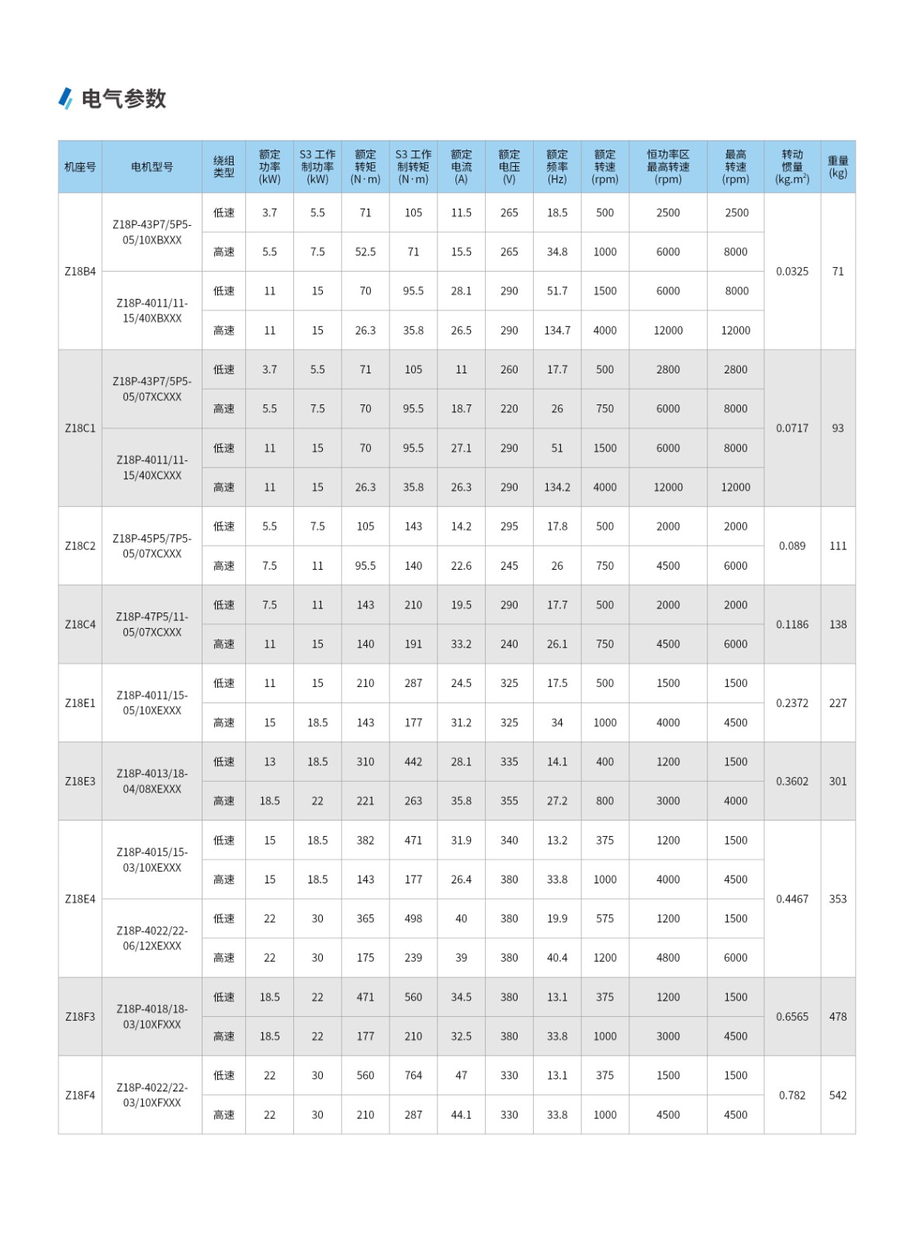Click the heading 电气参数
point(123,99)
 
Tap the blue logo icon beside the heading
point(66,98)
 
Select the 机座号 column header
point(80,167)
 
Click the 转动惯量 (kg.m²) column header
point(791,167)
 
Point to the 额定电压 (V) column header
point(509,167)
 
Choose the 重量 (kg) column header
point(837,167)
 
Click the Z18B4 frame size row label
point(80,272)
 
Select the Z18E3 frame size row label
point(80,782)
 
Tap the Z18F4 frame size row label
point(80,1095)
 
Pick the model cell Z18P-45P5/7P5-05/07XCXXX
point(152,546)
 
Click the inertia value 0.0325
point(791,272)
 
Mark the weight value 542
point(837,1095)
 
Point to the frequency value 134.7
point(557,331)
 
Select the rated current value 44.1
point(461,1115)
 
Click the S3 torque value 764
point(413,1075)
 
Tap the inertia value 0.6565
point(791,1017)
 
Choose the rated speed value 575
point(604,918)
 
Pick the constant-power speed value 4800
point(667,958)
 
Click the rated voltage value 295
point(509,526)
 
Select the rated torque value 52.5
point(365,252)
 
